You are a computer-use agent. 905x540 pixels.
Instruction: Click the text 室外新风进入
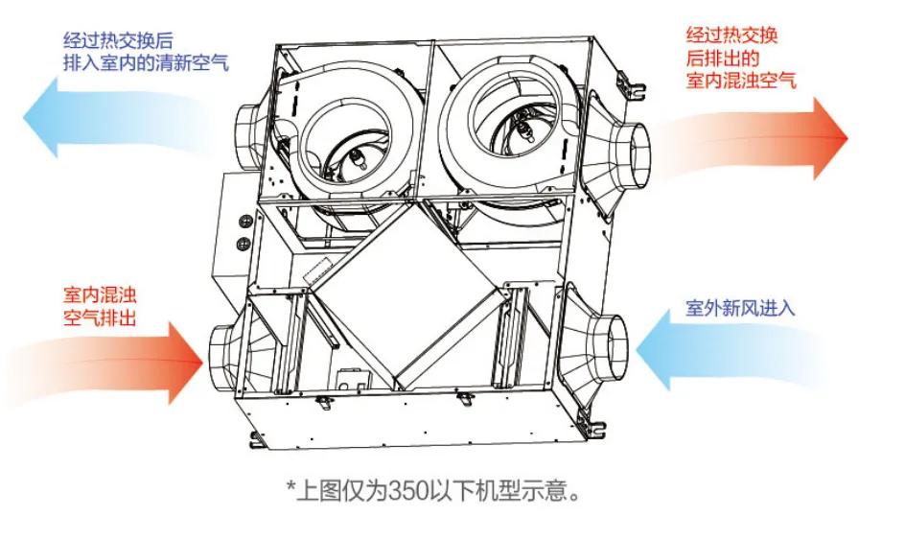click(x=739, y=309)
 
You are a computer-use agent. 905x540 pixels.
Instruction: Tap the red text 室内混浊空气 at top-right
click(x=740, y=81)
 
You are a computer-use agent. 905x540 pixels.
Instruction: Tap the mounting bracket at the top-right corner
click(x=629, y=86)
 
